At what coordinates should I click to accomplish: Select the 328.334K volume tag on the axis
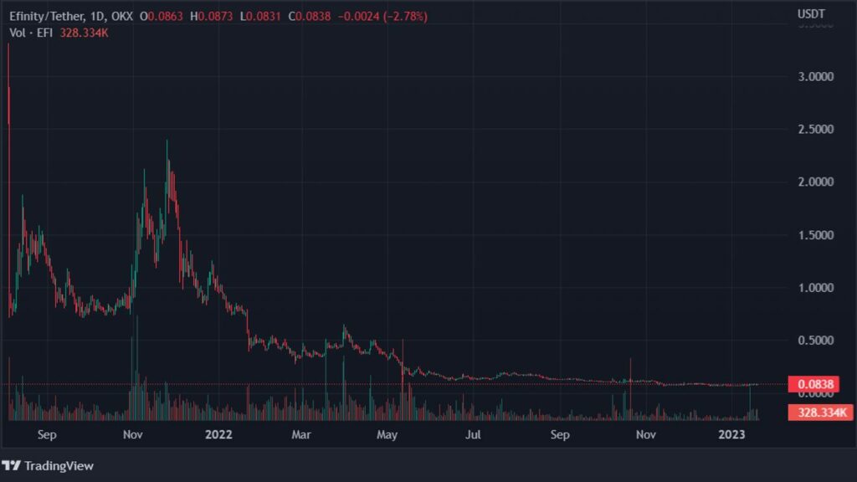pos(819,413)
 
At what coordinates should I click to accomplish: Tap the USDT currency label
pos(810,14)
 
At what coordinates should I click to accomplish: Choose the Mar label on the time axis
pos(302,434)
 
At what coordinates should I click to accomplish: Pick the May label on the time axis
pos(387,434)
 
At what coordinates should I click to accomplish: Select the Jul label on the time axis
pos(474,434)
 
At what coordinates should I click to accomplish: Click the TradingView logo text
pos(59,466)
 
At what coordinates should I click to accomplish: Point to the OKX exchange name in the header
pos(121,15)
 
